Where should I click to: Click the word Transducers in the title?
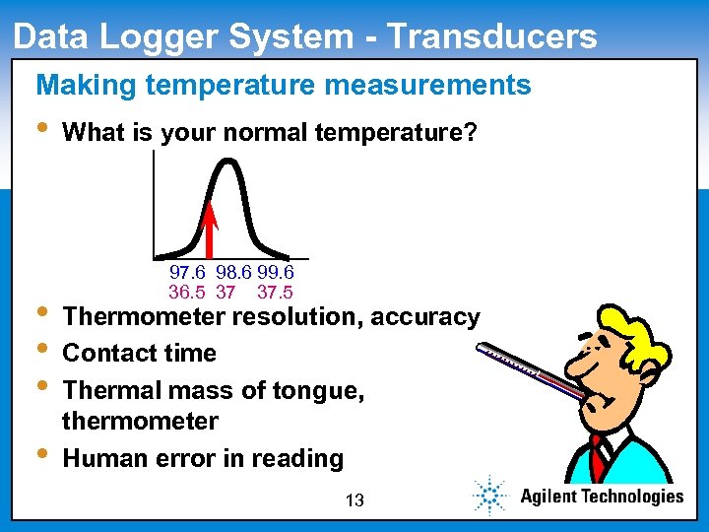coord(491,36)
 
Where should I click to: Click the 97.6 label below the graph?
coord(187,272)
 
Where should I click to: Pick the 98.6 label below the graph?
coord(233,272)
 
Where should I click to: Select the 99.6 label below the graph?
coord(276,272)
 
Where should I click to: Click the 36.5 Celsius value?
coord(187,292)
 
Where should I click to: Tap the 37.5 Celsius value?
coord(275,292)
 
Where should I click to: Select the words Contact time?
coord(139,353)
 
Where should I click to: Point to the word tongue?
coord(324,390)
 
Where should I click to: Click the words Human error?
coord(130,458)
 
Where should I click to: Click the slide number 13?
coord(354,500)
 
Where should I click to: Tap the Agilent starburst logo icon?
coord(489,496)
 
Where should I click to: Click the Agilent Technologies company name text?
coord(601,497)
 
